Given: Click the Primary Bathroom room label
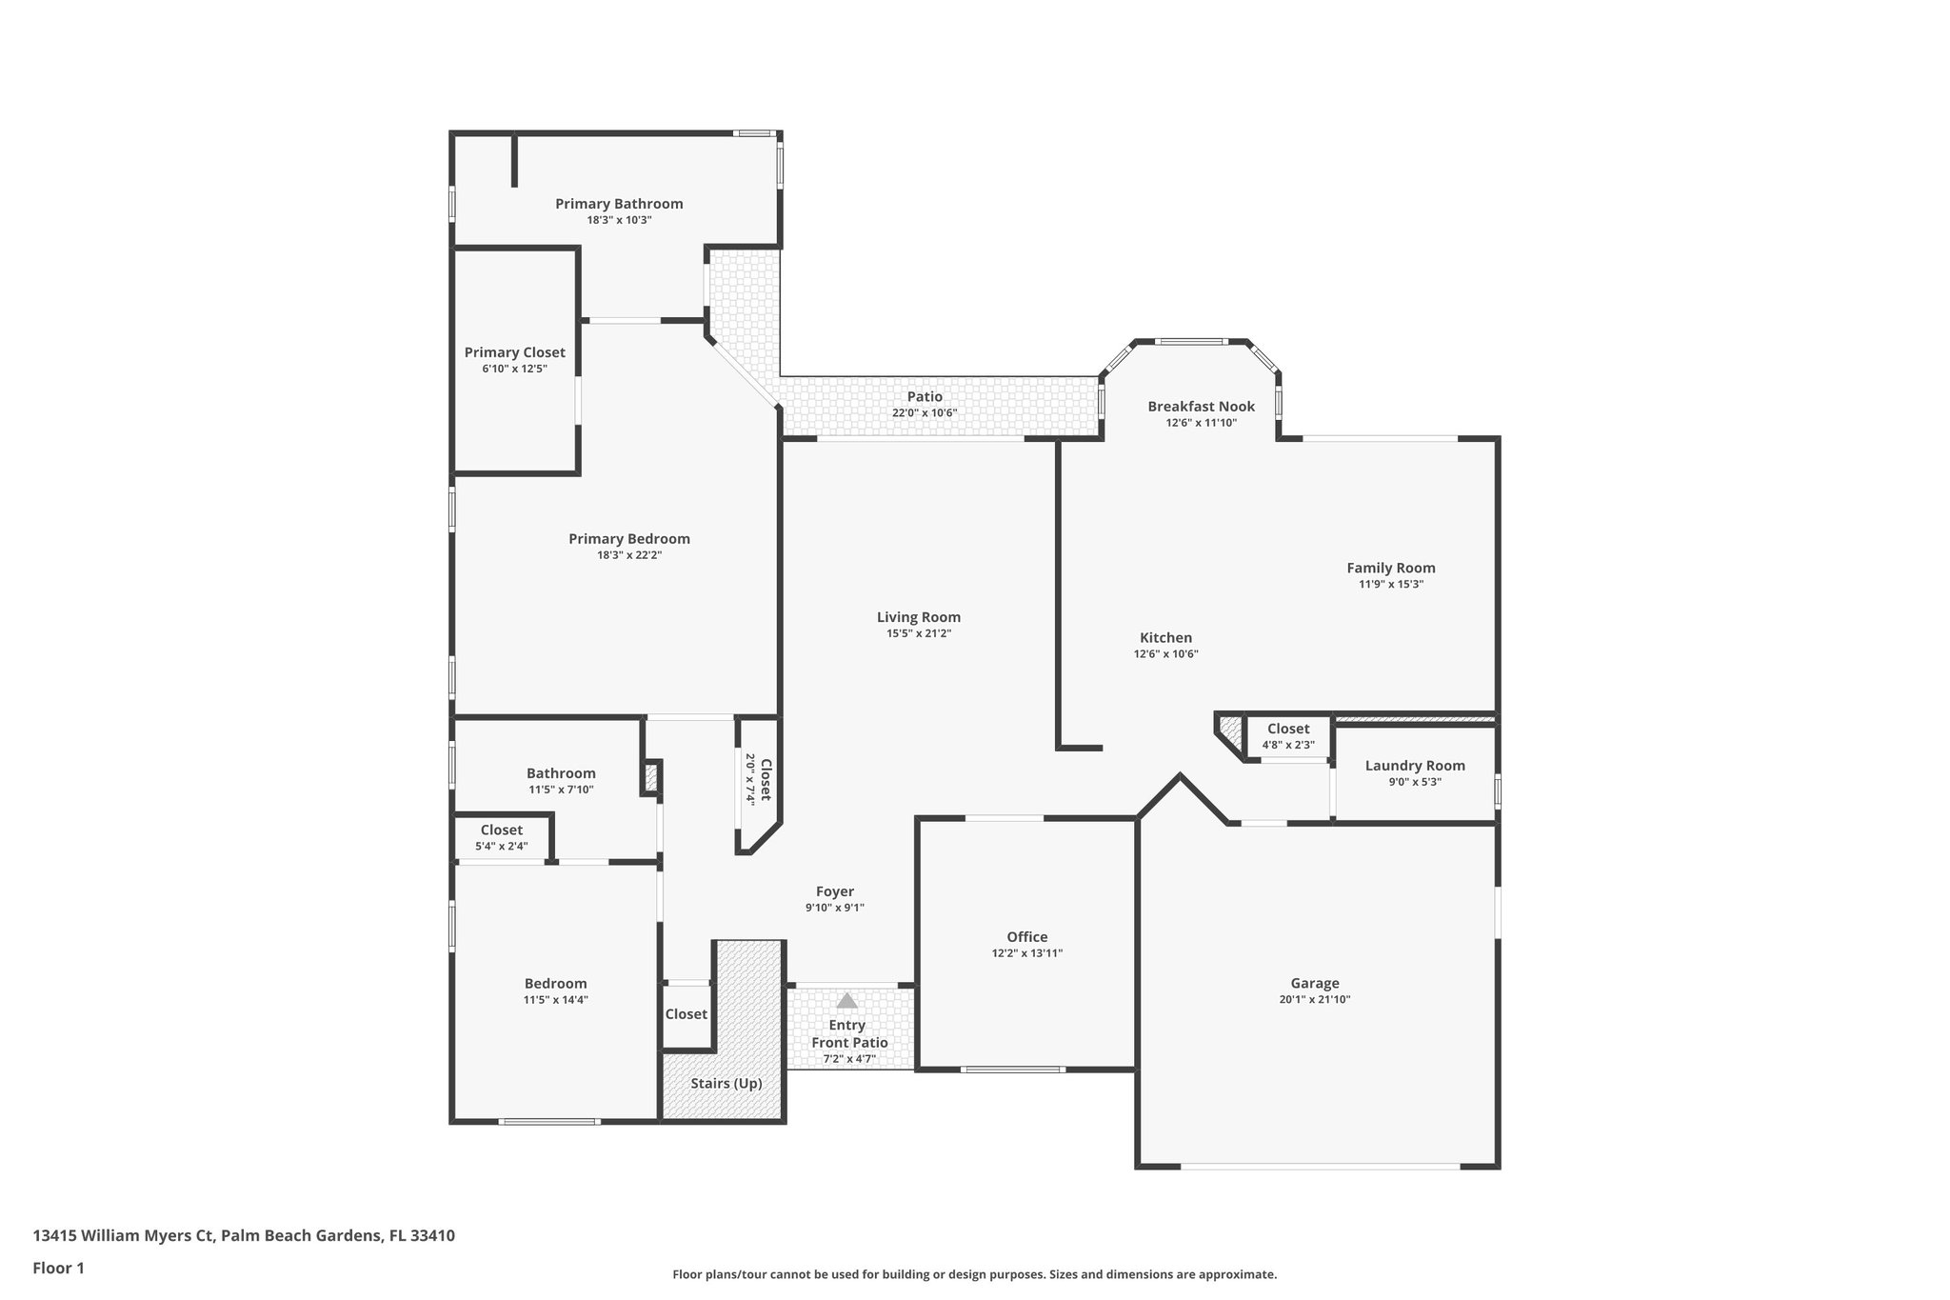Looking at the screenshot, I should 619,204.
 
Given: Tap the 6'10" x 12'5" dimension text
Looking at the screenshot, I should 514,369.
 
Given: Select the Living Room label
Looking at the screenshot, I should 918,617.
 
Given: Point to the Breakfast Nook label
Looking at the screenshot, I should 1201,407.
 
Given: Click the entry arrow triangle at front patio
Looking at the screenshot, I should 846,1001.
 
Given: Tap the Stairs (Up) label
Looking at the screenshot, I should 726,1083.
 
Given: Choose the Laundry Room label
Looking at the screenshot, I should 1414,766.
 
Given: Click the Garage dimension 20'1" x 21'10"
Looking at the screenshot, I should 1314,999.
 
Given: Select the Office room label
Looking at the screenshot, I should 1026,937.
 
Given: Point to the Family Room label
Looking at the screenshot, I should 1390,568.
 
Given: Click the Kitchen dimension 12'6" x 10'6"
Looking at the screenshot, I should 1165,654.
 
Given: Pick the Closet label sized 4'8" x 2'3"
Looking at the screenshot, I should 1287,729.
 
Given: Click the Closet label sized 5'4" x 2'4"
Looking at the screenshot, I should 501,830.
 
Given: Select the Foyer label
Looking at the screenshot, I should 834,891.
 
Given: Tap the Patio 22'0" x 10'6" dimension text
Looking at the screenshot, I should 924,413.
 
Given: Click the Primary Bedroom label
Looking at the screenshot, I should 628,539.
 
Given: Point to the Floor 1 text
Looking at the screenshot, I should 58,1268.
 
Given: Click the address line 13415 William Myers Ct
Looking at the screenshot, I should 243,1235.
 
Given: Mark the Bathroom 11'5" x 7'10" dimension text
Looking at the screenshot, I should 561,790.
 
